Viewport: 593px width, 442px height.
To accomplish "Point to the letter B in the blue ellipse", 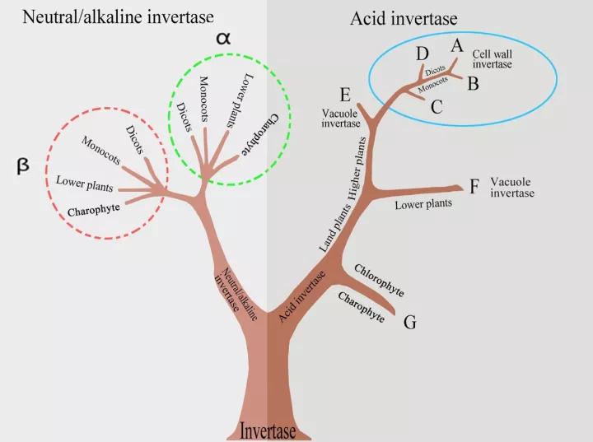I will [x=473, y=82].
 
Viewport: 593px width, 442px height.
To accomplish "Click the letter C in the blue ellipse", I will [x=437, y=105].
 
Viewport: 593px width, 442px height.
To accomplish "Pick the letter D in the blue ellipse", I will [x=423, y=55].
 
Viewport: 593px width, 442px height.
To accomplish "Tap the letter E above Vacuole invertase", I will [x=345, y=93].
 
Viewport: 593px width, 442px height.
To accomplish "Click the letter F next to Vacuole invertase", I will [x=474, y=187].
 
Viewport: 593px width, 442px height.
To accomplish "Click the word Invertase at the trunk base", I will [x=268, y=430].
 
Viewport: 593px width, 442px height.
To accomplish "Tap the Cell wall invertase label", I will [x=492, y=58].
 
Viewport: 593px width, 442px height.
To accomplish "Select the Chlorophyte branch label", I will [x=379, y=280].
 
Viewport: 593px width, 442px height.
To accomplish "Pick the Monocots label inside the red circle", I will [x=101, y=151].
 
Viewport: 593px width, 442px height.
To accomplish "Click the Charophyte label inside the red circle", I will [x=93, y=208].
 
